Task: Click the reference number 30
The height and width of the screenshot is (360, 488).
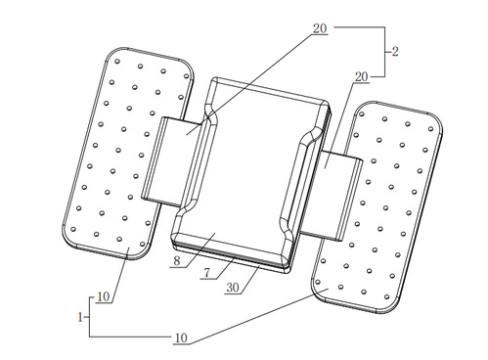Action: tap(233, 288)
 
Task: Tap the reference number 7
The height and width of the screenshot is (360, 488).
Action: tap(207, 272)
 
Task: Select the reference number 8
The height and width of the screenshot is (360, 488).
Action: tap(177, 261)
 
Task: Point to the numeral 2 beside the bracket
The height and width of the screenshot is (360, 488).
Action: tap(395, 52)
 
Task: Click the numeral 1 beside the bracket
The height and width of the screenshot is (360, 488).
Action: tap(80, 317)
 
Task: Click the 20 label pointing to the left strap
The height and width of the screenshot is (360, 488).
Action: tap(320, 28)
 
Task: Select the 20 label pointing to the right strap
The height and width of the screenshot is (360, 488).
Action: tap(361, 77)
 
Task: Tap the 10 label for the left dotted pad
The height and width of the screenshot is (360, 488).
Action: tap(104, 296)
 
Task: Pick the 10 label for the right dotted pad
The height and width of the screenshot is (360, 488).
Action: tap(181, 337)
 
